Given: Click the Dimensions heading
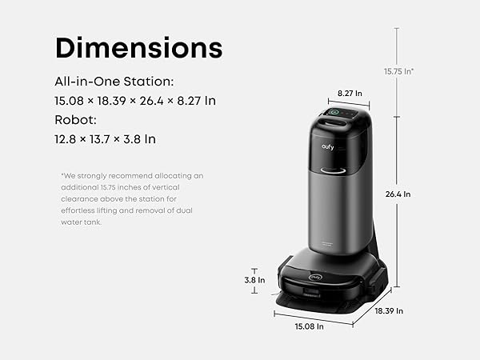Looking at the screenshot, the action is pos(138,47).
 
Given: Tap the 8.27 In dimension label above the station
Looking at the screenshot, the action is pos(350,93).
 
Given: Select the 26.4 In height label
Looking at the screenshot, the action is pos(398,194).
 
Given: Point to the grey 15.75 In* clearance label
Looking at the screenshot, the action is pos(398,71).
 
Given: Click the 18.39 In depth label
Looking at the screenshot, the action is pos(389,310).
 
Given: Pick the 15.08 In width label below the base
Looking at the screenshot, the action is pos(309,326).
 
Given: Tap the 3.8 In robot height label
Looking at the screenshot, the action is pos(254,280).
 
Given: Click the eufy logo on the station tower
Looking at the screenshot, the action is pos(327,147).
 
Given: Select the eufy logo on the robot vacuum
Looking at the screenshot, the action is pos(316,278).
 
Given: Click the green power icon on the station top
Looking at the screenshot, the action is pos(334,112).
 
